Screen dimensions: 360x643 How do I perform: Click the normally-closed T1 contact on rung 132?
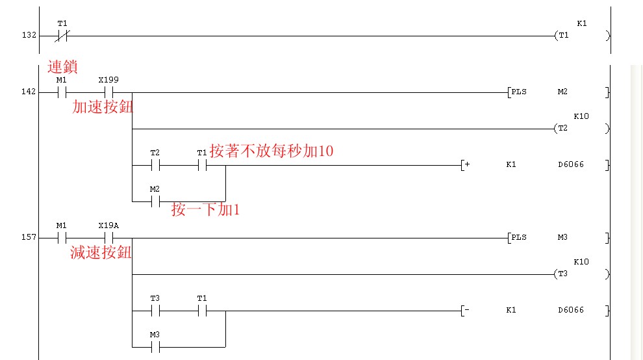[62, 36]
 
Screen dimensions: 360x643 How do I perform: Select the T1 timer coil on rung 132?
[563, 36]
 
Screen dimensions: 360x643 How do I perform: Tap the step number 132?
[28, 36]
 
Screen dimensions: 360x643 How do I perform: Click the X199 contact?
[108, 92]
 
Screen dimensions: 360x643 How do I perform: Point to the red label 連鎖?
[62, 66]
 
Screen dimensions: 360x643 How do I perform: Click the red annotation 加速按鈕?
[103, 107]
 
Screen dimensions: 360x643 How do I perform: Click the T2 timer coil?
[563, 129]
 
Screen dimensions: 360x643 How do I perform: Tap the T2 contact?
[155, 165]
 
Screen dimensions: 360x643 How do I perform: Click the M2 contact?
[155, 201]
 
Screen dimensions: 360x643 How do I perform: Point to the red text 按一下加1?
[205, 210]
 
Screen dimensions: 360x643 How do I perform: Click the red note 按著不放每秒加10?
[271, 151]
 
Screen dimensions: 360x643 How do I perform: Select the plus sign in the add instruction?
[466, 165]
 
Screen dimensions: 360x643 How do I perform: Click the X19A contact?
[108, 238]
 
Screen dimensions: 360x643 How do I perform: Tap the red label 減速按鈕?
[101, 253]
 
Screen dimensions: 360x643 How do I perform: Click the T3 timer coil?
[563, 274]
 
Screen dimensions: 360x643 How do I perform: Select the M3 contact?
[155, 347]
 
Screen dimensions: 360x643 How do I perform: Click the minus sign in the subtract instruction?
[466, 311]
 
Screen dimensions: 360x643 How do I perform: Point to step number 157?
[28, 238]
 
